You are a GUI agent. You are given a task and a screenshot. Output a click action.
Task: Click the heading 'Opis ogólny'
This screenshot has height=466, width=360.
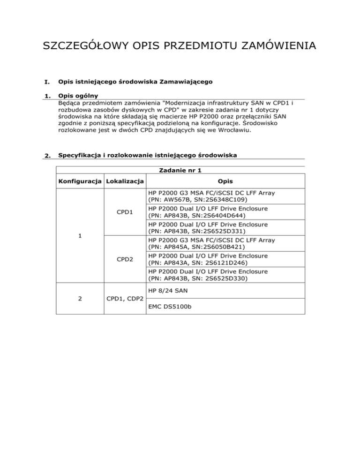click(x=77, y=95)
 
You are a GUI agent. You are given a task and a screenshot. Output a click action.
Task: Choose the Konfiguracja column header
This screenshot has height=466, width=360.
click(x=80, y=181)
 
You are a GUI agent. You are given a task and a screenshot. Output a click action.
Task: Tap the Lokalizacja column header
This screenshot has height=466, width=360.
click(x=125, y=181)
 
